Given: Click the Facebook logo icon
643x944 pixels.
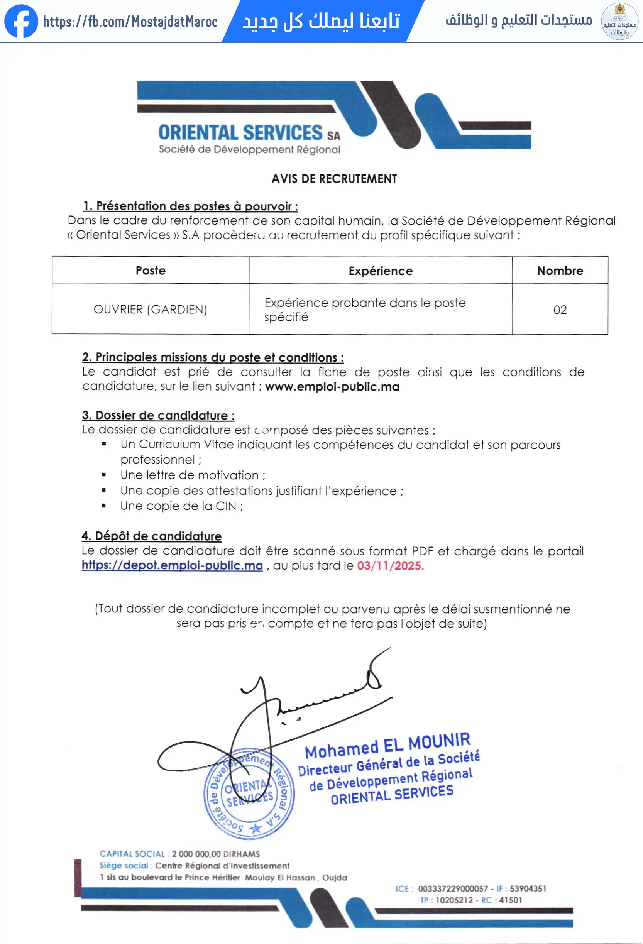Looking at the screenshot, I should tap(21, 21).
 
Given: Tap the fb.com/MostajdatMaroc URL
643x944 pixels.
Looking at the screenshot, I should tap(130, 22).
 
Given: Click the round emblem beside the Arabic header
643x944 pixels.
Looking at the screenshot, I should tap(619, 22).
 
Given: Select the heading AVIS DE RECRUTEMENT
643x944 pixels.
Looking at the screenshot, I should tap(334, 179).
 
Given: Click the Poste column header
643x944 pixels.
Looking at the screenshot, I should tap(150, 271).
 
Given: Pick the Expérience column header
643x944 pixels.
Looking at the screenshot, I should tap(381, 271).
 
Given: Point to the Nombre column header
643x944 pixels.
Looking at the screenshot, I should tap(560, 271).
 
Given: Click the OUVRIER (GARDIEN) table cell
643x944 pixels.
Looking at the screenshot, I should tap(150, 310).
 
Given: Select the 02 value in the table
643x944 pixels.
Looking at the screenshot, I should tap(560, 310).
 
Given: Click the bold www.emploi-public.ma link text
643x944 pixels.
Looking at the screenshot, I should tap(332, 386).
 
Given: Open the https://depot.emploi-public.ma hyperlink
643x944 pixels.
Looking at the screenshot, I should tap(172, 565).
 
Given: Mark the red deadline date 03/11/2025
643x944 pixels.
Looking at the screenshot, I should tap(390, 565).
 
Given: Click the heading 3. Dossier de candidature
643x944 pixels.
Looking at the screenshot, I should tap(158, 415).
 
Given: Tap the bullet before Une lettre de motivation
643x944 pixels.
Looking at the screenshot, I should tap(104, 475).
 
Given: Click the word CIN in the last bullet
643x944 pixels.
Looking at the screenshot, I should tap(226, 506).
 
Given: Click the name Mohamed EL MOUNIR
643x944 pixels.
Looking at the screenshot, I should tap(387, 746).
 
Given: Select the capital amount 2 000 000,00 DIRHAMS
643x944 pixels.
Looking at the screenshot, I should tap(216, 854).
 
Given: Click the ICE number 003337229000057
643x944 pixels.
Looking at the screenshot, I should tap(453, 888).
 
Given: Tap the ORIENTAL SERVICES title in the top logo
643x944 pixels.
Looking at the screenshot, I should tap(240, 133).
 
